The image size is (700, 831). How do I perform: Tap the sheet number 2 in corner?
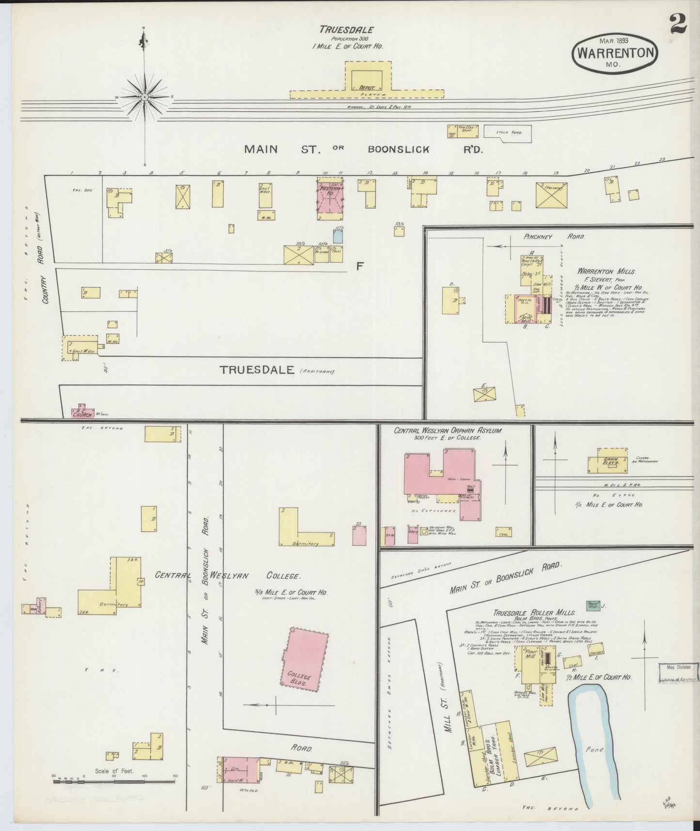click(678, 24)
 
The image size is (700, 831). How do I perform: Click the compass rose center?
click(144, 97)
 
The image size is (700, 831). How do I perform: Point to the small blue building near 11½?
click(338, 236)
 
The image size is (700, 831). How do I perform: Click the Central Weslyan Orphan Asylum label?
click(448, 431)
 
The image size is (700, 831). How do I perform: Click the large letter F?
click(359, 266)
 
